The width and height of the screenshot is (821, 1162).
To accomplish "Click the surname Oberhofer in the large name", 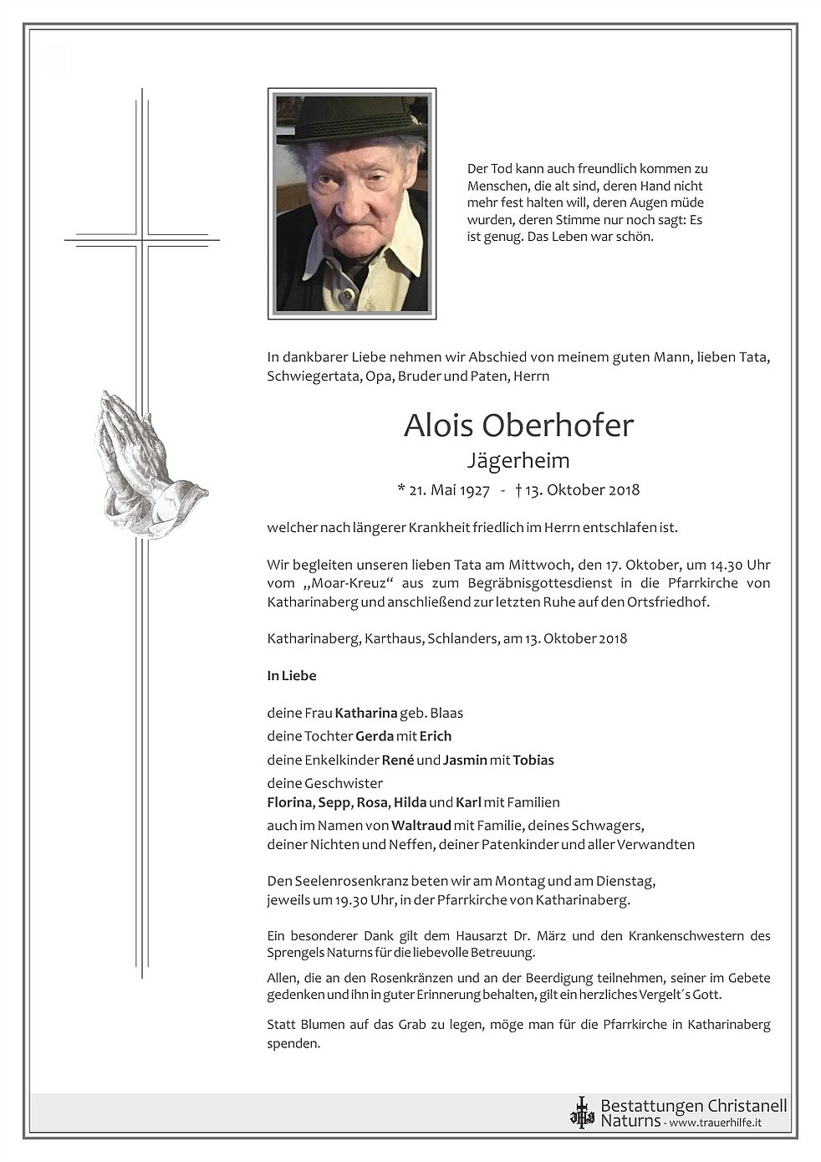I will tap(557, 426).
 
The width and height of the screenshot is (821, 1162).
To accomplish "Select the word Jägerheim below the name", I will tap(518, 460).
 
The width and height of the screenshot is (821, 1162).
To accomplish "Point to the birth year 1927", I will tap(473, 490).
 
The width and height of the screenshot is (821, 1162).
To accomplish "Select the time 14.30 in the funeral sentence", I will tap(723, 565).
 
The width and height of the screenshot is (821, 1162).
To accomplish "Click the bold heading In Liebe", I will tap(292, 675).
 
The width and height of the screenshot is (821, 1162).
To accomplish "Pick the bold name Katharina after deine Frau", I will tap(365, 714).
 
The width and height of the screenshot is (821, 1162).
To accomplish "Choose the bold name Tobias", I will tap(533, 760).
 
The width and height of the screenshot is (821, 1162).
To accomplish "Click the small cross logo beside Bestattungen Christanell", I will tap(582, 1113).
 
